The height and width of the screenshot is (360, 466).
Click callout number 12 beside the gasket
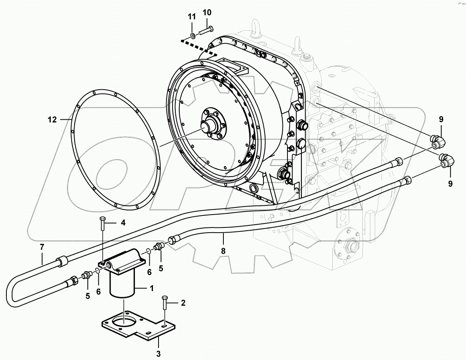52,119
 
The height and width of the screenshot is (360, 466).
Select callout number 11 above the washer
192,17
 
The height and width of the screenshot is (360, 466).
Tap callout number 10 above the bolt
207,12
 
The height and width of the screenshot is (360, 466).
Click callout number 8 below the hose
223,251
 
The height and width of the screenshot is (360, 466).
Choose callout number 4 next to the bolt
123,223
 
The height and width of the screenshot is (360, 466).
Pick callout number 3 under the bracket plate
158,354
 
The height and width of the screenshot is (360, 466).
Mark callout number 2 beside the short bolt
183,303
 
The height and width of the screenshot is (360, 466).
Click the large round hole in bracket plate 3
124,323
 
